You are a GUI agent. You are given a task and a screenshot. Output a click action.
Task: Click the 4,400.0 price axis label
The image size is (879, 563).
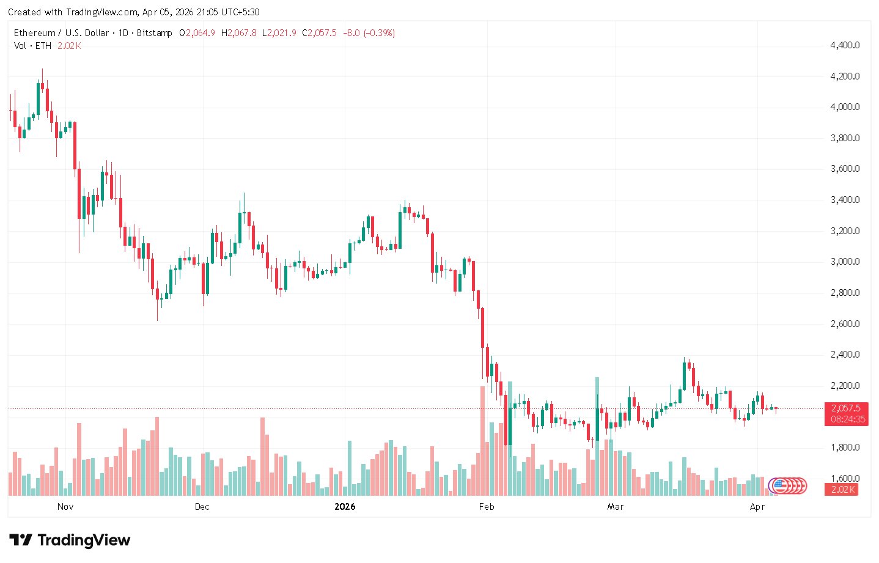[x=845, y=45]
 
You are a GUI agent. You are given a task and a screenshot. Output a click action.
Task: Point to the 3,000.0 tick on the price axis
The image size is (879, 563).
[x=845, y=262]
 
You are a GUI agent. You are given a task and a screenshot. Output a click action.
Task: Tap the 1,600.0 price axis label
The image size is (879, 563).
[x=845, y=478]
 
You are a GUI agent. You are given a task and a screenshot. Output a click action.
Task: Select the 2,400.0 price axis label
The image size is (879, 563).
[x=845, y=355]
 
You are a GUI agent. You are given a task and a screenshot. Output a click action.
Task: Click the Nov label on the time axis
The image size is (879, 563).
[x=65, y=507]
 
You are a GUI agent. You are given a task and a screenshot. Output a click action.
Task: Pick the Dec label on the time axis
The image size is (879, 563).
[x=202, y=507]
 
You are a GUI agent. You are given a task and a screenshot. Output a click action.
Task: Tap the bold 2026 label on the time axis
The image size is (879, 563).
[x=345, y=507]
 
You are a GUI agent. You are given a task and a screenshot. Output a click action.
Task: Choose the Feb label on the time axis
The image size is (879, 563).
[x=487, y=507]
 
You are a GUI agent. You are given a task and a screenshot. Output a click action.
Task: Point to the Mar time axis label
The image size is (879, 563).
[x=616, y=507]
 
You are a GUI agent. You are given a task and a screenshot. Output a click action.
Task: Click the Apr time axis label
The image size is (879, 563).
[x=757, y=507]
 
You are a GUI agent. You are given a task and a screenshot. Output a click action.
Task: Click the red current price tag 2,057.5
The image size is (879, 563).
[x=846, y=408]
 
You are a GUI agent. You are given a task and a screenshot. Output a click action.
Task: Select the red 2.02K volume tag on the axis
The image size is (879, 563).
[x=842, y=490]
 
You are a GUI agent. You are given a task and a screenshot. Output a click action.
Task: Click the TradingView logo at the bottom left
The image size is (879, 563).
[x=70, y=540]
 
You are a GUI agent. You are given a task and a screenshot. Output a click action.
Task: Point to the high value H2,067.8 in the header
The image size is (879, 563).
[x=239, y=33]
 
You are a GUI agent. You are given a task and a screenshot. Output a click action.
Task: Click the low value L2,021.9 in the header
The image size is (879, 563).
[x=279, y=33]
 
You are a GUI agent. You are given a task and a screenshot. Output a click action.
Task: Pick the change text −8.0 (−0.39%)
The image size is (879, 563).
[x=369, y=33]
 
